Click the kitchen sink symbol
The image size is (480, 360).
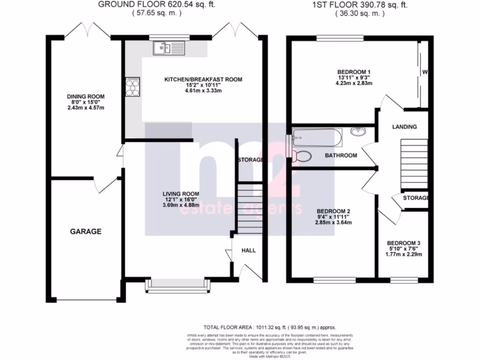tap(170, 47)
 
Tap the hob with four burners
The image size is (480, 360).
tap(133, 87)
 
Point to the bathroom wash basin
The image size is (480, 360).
tap(359, 133)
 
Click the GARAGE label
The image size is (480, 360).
tap(86, 231)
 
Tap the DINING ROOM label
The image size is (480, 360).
tap(85, 97)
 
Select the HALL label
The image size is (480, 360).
tap(248, 251)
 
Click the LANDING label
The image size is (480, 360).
tap(404, 127)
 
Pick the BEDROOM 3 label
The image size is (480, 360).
tap(404, 243)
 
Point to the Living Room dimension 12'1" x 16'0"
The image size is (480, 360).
tap(181, 199)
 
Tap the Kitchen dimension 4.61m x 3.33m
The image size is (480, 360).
tap(203, 91)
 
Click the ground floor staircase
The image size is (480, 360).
tap(249, 206)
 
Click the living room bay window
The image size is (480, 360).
tap(177, 285)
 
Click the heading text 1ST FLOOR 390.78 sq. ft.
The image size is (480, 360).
tap(360, 5)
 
